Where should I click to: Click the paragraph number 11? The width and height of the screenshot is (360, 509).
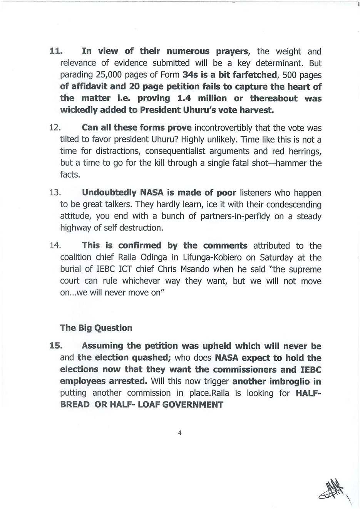pos(55,51)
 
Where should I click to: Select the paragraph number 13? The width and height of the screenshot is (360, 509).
pos(55,192)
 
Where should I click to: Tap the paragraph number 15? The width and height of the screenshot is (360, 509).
pos(55,346)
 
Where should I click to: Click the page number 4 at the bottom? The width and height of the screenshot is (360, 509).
pos(180,432)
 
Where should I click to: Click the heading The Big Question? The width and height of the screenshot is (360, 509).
pos(96,328)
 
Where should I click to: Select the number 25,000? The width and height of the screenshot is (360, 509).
pos(111,75)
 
